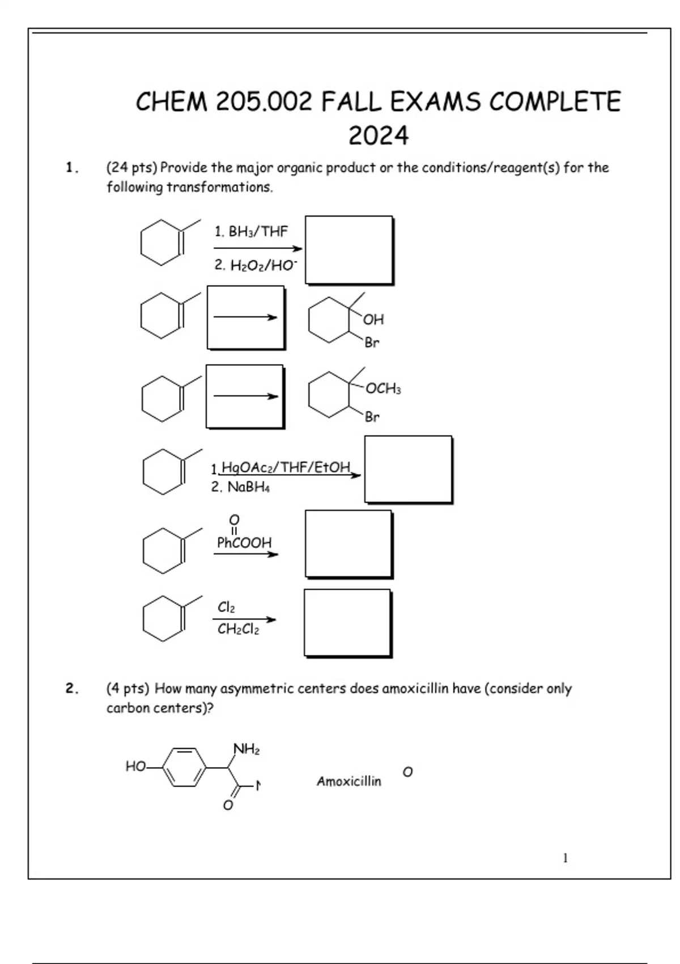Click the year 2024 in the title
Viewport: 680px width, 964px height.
coord(378,136)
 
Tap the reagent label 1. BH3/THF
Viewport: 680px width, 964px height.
coord(251,231)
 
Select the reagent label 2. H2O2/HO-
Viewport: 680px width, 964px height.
coord(256,265)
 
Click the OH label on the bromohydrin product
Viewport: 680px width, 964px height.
coord(373,320)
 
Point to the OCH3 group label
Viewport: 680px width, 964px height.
coord(383,388)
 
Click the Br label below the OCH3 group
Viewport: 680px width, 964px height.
coord(372,417)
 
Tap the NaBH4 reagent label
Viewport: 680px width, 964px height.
coord(241,487)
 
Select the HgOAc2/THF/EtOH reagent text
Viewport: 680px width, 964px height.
coord(285,467)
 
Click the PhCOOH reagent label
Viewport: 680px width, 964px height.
coord(244,543)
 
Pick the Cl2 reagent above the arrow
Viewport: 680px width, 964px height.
coord(226,607)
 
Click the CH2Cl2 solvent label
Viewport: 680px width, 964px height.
coord(238,629)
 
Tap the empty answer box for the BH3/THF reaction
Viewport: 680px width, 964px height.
coord(348,250)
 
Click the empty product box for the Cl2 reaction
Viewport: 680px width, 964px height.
coord(347,623)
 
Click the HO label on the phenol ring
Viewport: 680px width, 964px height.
coord(135,767)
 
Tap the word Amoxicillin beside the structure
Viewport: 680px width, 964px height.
coord(348,781)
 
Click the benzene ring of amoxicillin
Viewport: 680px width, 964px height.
coord(185,767)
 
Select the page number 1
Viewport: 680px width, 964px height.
coord(565,858)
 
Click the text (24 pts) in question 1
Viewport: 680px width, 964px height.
coord(132,168)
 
